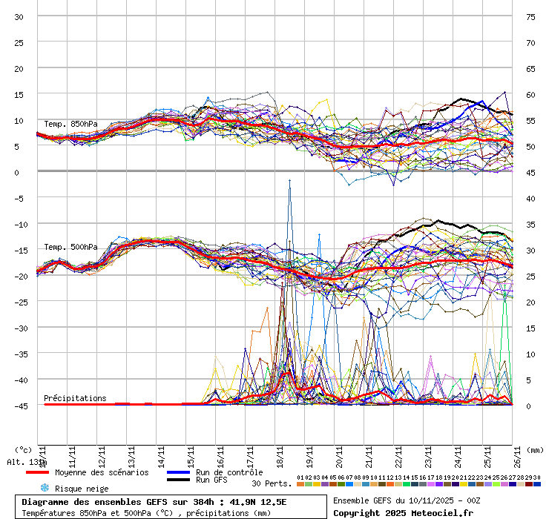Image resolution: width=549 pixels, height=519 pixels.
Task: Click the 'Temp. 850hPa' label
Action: (70, 124)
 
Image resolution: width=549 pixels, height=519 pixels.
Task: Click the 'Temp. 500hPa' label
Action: (70, 247)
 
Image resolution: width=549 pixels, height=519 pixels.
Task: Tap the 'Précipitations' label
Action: (75, 398)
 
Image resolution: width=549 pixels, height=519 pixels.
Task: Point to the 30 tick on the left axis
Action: (19, 17)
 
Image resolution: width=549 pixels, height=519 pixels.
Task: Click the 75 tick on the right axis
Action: (530, 17)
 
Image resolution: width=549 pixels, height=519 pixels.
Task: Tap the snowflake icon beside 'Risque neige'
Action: (45, 488)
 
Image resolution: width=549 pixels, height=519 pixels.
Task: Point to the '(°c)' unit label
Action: (23, 449)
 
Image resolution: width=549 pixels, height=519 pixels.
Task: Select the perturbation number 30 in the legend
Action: (537, 477)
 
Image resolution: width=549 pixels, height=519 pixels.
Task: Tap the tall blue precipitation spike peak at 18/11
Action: (289, 180)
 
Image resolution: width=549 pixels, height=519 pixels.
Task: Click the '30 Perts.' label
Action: (272, 483)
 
